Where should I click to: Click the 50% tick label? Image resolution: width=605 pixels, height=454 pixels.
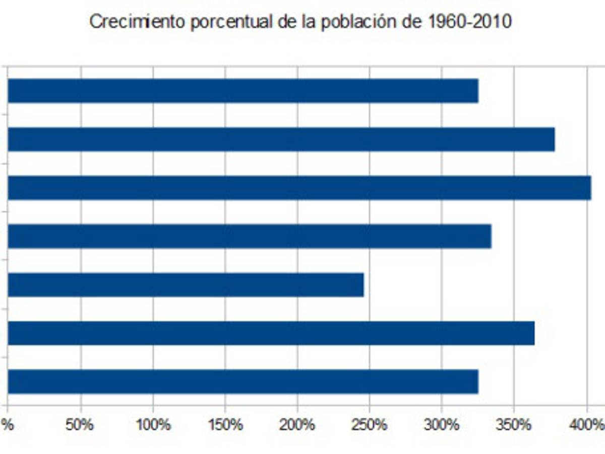tap(80, 425)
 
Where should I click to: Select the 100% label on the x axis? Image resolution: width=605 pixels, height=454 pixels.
tap(153, 425)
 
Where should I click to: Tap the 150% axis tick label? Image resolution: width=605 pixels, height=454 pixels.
tap(225, 425)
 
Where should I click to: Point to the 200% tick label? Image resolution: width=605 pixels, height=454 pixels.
tap(297, 425)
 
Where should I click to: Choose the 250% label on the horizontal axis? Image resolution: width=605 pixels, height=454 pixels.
tap(370, 425)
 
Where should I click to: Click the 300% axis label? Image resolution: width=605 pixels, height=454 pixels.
tap(442, 425)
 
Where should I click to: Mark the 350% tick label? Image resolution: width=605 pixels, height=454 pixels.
tap(514, 425)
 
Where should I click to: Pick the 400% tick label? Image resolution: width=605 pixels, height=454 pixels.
tap(586, 425)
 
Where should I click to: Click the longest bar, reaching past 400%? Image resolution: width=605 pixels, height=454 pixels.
tap(299, 188)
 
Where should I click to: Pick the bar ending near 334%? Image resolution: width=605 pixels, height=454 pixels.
tap(250, 236)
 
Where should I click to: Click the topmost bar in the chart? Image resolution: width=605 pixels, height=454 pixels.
tap(243, 91)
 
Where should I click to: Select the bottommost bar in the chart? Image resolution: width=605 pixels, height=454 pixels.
tap(243, 381)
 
